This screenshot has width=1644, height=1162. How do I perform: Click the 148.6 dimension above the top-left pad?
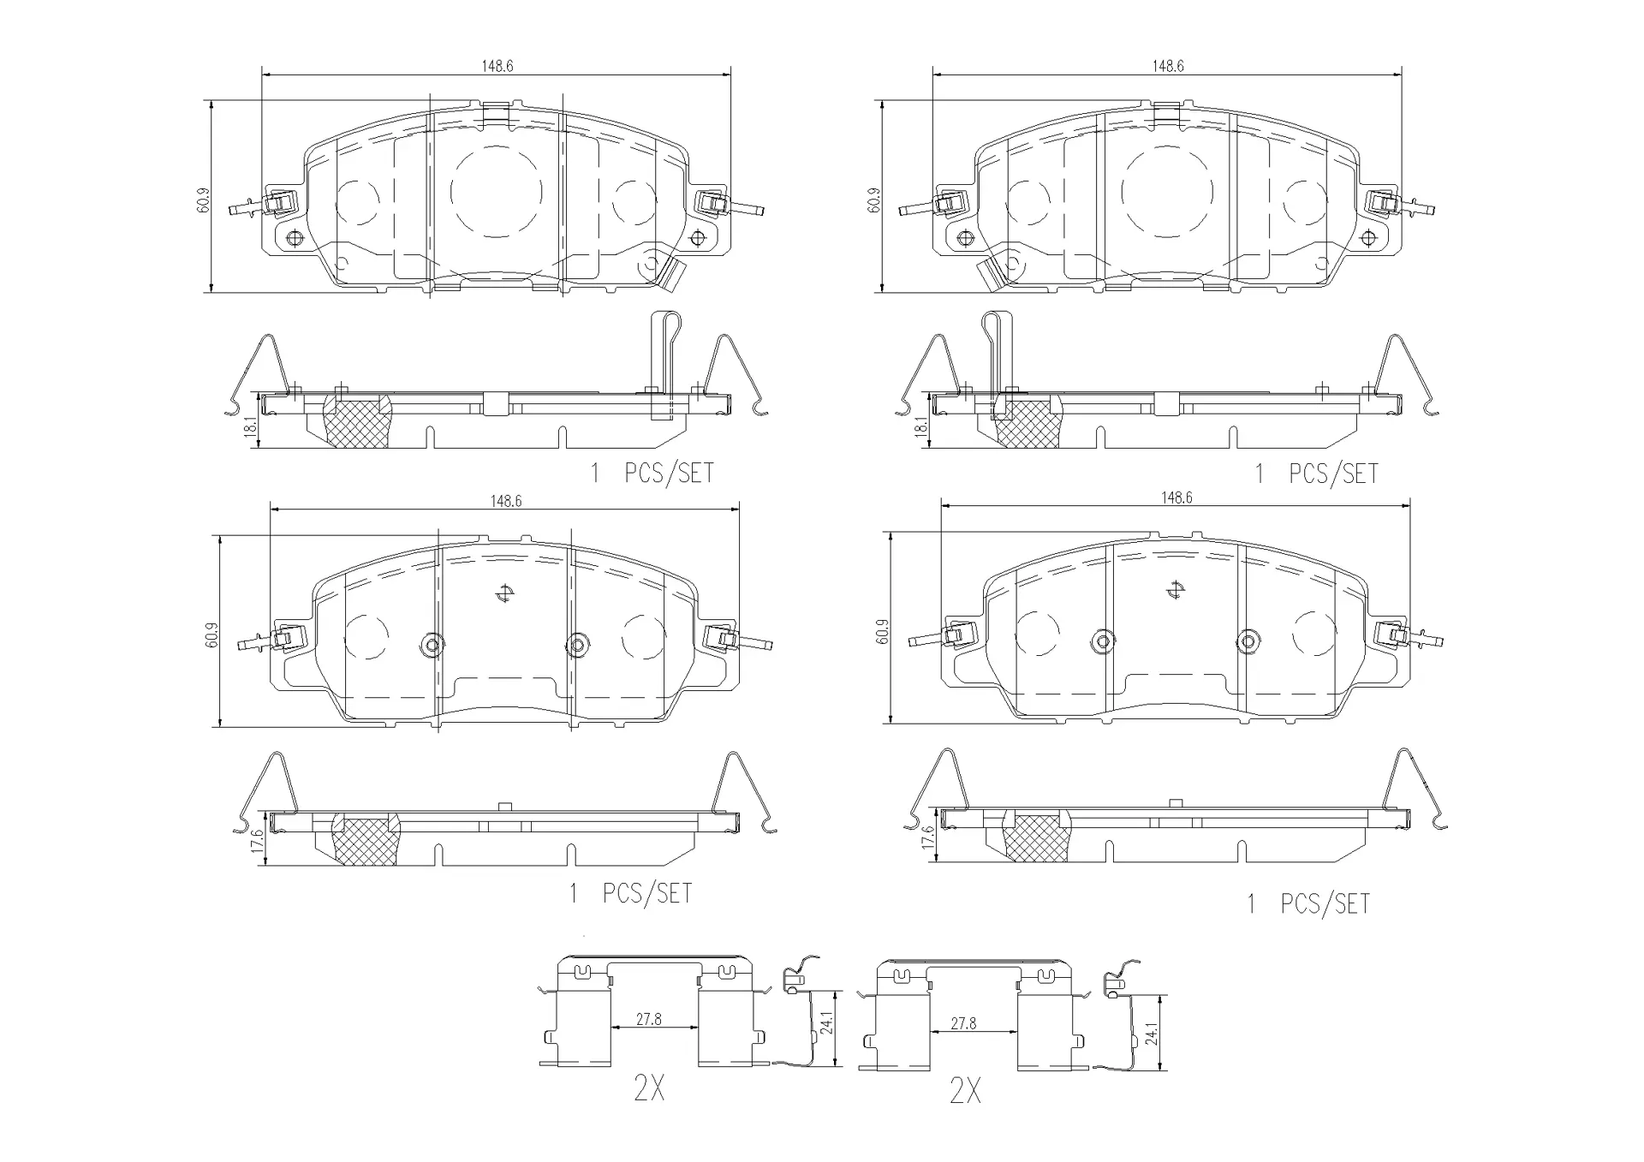pos(497,66)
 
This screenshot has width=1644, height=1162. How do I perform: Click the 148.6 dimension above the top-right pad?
pos(1167,66)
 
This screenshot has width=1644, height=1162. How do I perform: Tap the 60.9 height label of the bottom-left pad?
pos(212,635)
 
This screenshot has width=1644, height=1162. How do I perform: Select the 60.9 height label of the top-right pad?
pos(874,200)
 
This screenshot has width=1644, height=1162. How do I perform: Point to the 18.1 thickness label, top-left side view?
pos(251,426)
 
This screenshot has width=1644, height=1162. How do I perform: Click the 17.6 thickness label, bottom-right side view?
pos(927,837)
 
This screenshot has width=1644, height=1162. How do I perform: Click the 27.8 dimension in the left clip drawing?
pos(648,1020)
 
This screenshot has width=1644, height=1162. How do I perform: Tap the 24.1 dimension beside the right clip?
pos(1152,1034)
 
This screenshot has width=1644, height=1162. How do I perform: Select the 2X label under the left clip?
pos(648,1088)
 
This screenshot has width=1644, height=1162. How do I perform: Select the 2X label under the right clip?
pos(965,1090)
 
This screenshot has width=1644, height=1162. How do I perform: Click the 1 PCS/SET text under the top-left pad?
pos(652,474)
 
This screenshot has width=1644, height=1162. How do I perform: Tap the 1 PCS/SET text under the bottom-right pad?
pos(1307,904)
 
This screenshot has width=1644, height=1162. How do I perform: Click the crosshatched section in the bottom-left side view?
pos(366,840)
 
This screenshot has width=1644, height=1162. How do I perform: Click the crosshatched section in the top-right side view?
pos(1028,422)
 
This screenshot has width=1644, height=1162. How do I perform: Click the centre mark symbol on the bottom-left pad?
pos(504,593)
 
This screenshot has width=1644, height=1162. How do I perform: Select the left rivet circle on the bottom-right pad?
pos(1103,640)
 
